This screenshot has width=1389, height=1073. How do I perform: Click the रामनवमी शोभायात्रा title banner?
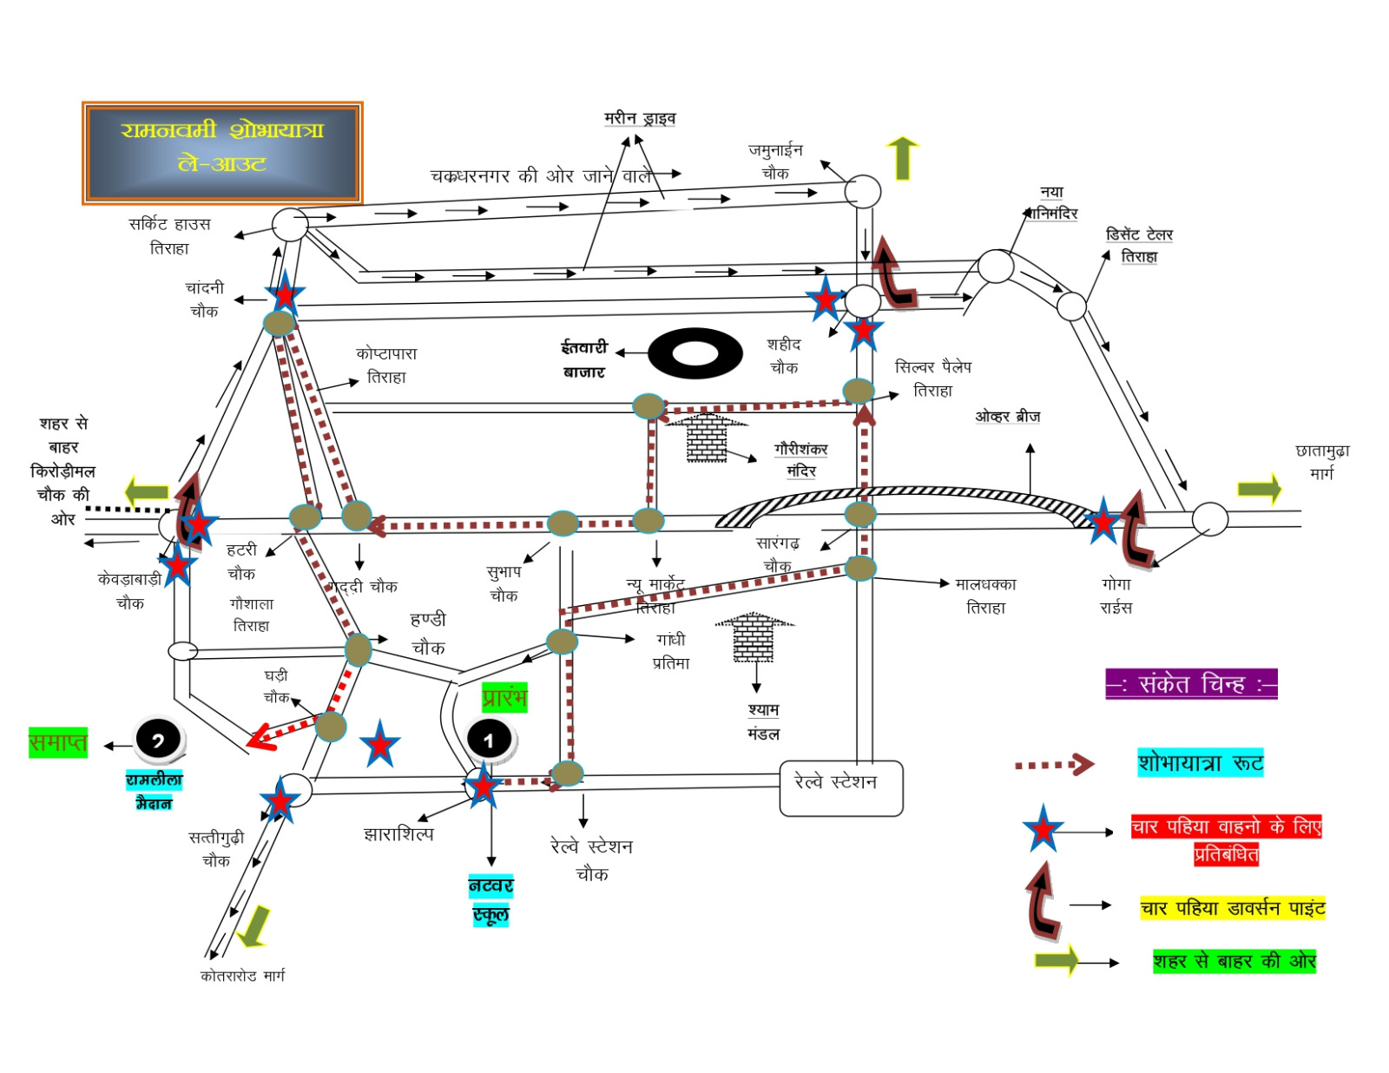point(222,153)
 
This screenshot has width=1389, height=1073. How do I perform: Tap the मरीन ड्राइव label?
point(640,118)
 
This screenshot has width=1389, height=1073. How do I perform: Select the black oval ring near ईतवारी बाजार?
point(694,353)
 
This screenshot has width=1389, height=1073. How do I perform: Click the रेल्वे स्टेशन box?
point(840,787)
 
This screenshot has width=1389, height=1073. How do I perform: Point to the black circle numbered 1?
point(490,740)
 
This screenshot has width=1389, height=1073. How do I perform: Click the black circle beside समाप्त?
point(158,741)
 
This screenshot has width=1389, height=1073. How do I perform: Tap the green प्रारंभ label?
point(504,697)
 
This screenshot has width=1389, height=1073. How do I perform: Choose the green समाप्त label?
point(58,743)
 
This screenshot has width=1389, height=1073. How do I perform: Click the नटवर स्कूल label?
point(491,900)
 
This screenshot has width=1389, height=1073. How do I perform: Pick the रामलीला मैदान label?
point(154,791)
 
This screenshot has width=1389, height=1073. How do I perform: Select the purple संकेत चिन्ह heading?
point(1191,684)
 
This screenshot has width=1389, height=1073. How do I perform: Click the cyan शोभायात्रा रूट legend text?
point(1201,763)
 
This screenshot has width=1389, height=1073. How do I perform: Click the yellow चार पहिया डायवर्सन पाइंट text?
point(1233,908)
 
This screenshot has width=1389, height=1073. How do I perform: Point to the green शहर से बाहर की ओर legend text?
point(1234,961)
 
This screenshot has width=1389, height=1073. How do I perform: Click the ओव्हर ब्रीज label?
point(1007,417)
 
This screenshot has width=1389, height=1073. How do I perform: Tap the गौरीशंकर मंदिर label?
point(800,460)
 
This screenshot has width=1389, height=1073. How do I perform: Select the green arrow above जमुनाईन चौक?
point(903,158)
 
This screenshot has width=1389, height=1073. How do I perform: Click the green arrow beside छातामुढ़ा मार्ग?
point(1259,489)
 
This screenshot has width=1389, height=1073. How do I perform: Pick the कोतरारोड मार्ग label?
point(242,976)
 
